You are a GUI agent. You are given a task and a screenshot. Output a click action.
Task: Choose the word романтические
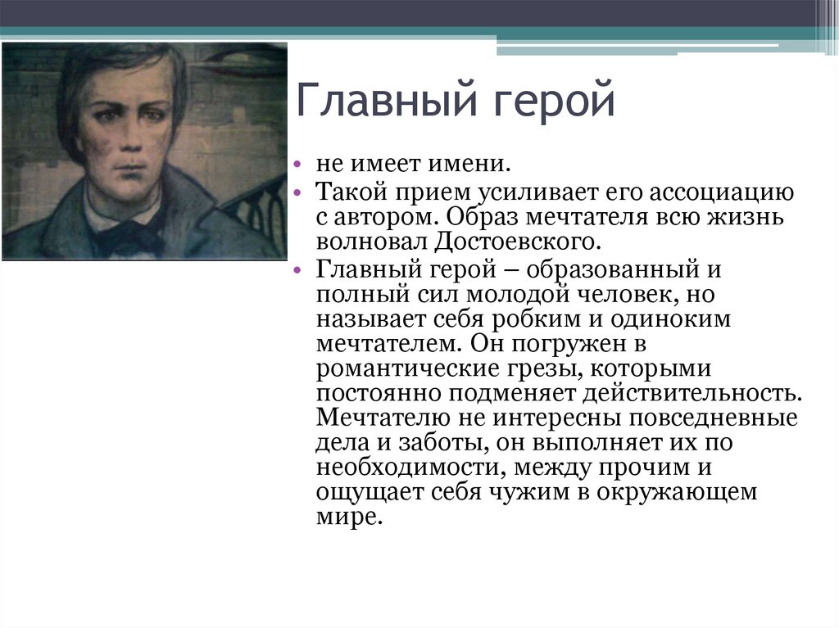[x=397, y=368]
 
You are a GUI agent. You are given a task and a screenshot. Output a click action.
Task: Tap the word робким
[x=528, y=319]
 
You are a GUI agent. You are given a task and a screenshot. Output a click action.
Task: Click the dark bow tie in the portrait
[x=129, y=237]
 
